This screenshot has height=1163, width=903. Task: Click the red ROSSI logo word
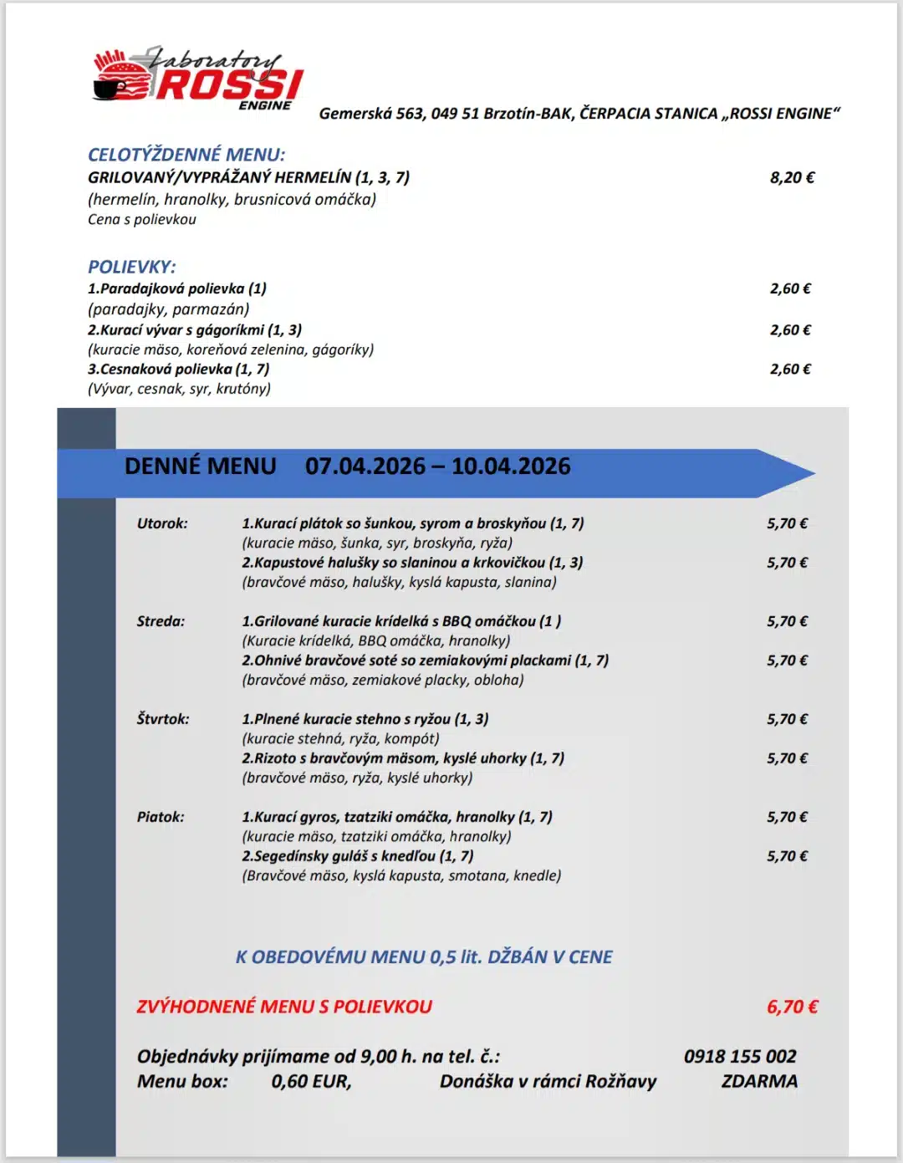coord(229,84)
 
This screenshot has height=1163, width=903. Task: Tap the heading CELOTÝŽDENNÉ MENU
coord(186,155)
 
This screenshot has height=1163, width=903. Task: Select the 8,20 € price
coord(792,177)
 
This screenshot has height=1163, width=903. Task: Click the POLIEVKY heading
coord(132,267)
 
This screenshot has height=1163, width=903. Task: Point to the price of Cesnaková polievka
coord(790,369)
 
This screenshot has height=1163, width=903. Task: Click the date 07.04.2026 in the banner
coord(365,467)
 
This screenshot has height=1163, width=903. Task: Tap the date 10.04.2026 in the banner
coord(511,467)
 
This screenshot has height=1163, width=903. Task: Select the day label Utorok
coord(162,523)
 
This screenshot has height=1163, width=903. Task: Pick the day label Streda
coord(161,621)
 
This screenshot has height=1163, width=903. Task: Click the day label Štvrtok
coord(163,719)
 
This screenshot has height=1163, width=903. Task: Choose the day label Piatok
coord(161,817)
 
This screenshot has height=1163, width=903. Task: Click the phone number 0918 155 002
coord(740,1056)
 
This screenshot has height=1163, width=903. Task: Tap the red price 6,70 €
coord(792,1007)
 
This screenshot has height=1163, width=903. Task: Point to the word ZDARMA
coord(759,1081)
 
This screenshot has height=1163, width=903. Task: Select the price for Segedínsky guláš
coord(787,856)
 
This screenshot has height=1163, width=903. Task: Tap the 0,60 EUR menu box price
coord(311,1081)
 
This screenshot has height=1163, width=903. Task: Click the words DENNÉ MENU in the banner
coord(200,467)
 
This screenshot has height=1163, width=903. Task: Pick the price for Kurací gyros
coord(787,817)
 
